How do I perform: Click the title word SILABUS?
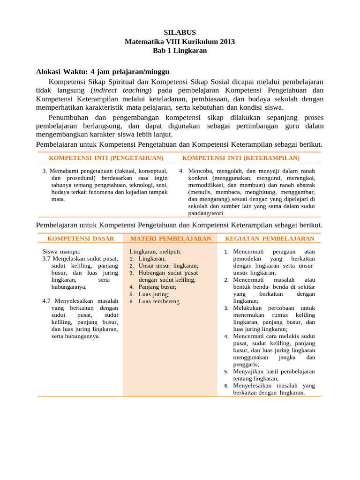click(x=180, y=33)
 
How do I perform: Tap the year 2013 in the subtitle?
click(x=226, y=42)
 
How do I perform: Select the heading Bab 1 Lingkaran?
click(x=180, y=51)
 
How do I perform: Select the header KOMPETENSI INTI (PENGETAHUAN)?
click(x=106, y=158)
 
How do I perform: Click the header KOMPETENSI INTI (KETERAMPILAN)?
click(x=240, y=158)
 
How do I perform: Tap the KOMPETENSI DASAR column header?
click(x=81, y=239)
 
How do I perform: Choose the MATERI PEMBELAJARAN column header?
click(x=171, y=239)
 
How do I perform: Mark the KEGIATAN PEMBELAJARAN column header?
click(x=270, y=239)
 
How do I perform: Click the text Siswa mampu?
click(x=61, y=252)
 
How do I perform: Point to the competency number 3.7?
click(x=47, y=259)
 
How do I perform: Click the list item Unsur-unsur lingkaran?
click(x=168, y=265)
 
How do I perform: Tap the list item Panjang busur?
click(x=157, y=287)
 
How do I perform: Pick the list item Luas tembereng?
click(x=159, y=301)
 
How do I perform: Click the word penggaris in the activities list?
click(x=246, y=364)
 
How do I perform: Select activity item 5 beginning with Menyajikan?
click(x=274, y=371)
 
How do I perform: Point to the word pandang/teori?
click(x=206, y=213)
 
